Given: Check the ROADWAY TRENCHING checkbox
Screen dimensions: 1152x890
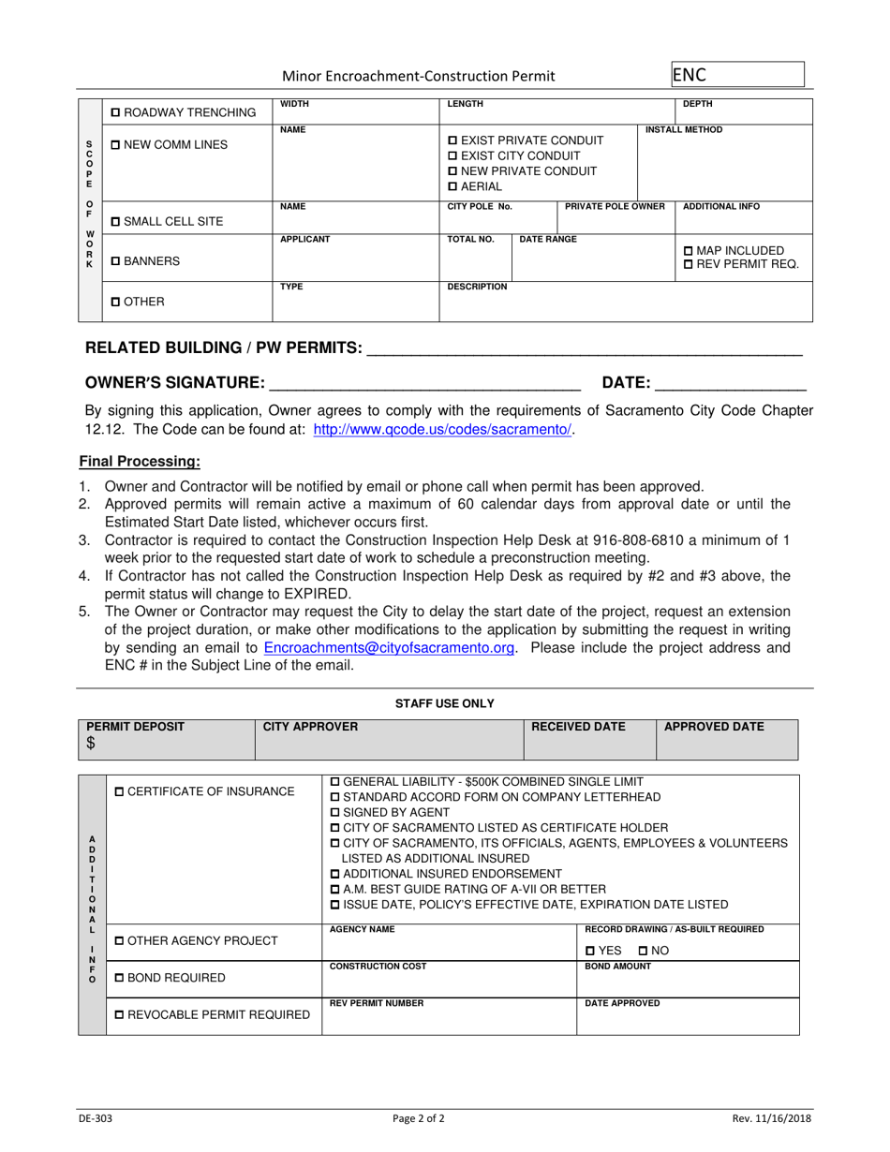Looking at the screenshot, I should pyautogui.click(x=115, y=113).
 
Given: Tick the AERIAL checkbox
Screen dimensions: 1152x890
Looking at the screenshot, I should pyautogui.click(x=454, y=187).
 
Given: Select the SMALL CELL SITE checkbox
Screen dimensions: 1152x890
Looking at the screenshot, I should pyautogui.click(x=115, y=222).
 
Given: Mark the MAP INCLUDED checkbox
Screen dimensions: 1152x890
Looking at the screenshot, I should pyautogui.click(x=690, y=250).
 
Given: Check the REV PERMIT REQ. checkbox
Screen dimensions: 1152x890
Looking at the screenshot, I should pyautogui.click(x=690, y=265).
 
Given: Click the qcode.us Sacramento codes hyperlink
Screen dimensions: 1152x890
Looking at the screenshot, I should pyautogui.click(x=441, y=429).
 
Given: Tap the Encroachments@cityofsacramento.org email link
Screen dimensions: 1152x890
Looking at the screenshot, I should pyautogui.click(x=390, y=648).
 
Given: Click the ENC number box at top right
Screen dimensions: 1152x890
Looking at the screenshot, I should pyautogui.click(x=737, y=75).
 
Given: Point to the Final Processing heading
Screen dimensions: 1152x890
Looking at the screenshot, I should pyautogui.click(x=139, y=461).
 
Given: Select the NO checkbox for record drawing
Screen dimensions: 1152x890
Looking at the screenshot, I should pyautogui.click(x=644, y=951).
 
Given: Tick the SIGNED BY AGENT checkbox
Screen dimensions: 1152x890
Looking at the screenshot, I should pyautogui.click(x=336, y=811).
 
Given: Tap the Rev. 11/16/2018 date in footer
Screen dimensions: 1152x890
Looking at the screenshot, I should pyautogui.click(x=772, y=1117).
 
